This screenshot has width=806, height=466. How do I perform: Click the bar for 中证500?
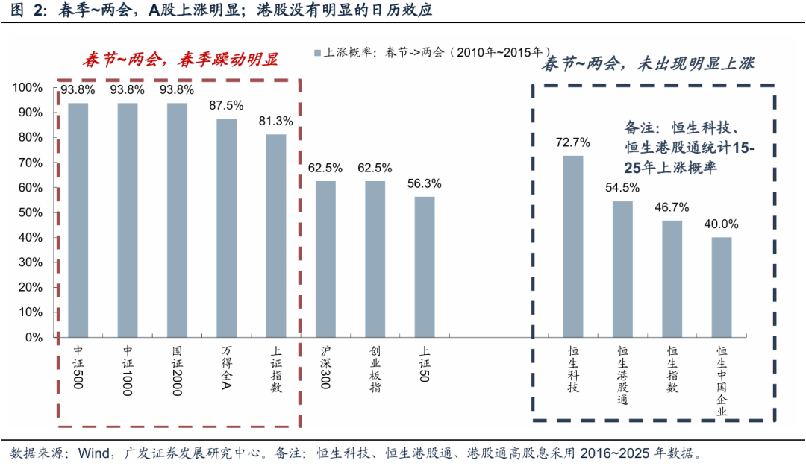click(x=78, y=220)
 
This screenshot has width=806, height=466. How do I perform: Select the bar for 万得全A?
click(x=227, y=227)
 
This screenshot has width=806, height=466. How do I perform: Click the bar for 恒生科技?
click(x=573, y=246)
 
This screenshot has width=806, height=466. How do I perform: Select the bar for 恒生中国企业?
click(x=722, y=287)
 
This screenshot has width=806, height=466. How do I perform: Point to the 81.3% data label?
click(x=276, y=121)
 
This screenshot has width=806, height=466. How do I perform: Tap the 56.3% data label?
click(x=424, y=183)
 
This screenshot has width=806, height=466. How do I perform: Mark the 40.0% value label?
click(x=722, y=224)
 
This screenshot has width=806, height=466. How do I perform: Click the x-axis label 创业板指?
click(x=375, y=364)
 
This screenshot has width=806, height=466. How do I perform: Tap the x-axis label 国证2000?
click(x=178, y=369)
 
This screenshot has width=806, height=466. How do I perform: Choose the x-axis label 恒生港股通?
click(x=622, y=375)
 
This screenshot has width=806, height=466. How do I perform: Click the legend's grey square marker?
click(x=317, y=53)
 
